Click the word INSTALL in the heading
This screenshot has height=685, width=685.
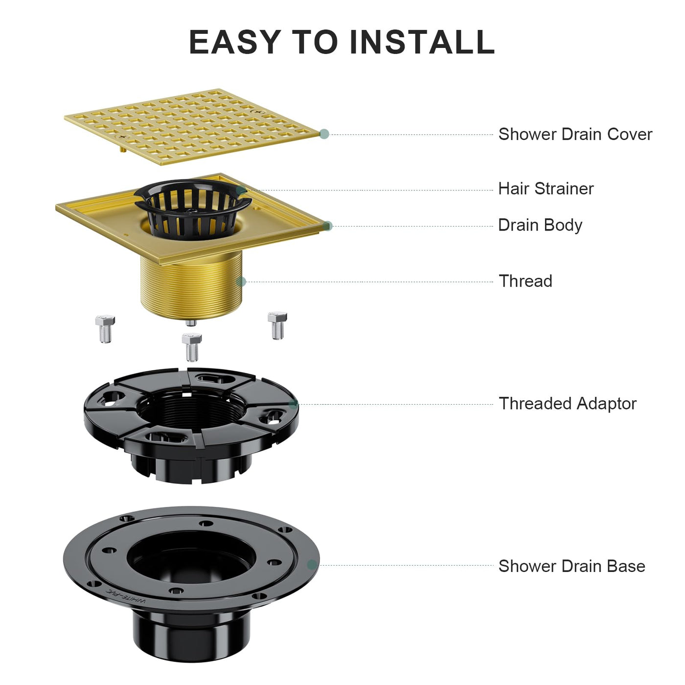422,42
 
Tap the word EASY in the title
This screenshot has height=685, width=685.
235,42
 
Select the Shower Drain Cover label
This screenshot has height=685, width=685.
575,135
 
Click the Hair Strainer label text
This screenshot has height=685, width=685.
546,189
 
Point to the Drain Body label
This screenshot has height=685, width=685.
540,226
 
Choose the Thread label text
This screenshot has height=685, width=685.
525,281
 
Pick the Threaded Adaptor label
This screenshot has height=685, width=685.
568,404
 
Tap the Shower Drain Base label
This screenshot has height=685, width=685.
571,566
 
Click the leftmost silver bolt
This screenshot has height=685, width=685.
105,329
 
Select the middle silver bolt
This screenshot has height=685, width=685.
192,347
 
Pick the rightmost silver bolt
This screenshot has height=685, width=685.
277,325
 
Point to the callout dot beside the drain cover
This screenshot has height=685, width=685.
324,134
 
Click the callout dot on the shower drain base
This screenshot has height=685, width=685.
312,565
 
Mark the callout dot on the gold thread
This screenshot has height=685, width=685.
241,282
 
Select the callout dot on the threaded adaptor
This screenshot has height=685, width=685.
293,404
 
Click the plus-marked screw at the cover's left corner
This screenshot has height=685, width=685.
123,137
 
